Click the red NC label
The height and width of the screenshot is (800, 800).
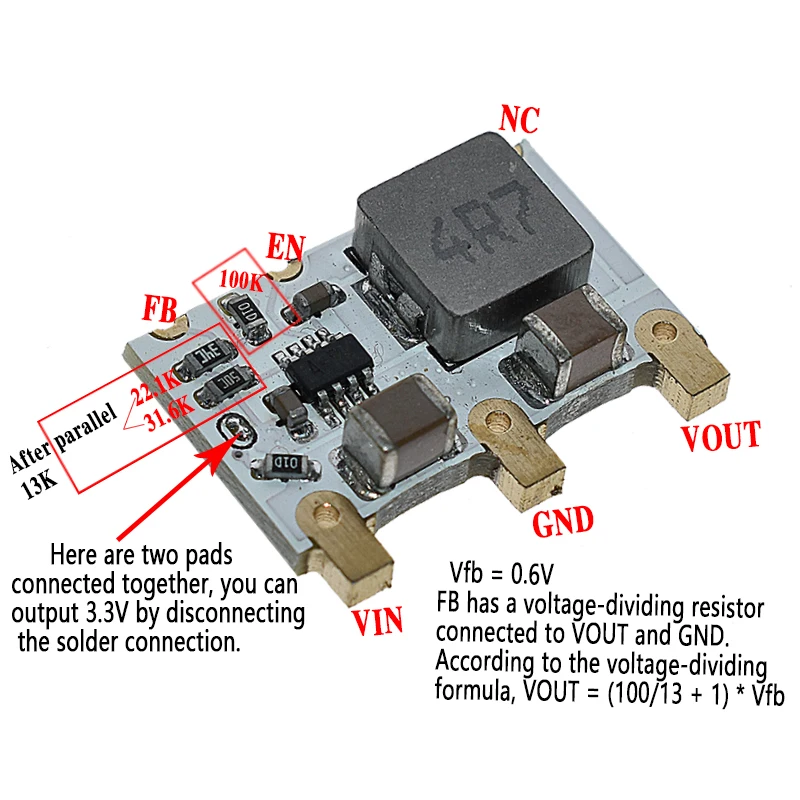click(518, 120)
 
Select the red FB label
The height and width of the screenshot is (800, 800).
click(162, 307)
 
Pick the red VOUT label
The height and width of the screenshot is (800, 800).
click(720, 436)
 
